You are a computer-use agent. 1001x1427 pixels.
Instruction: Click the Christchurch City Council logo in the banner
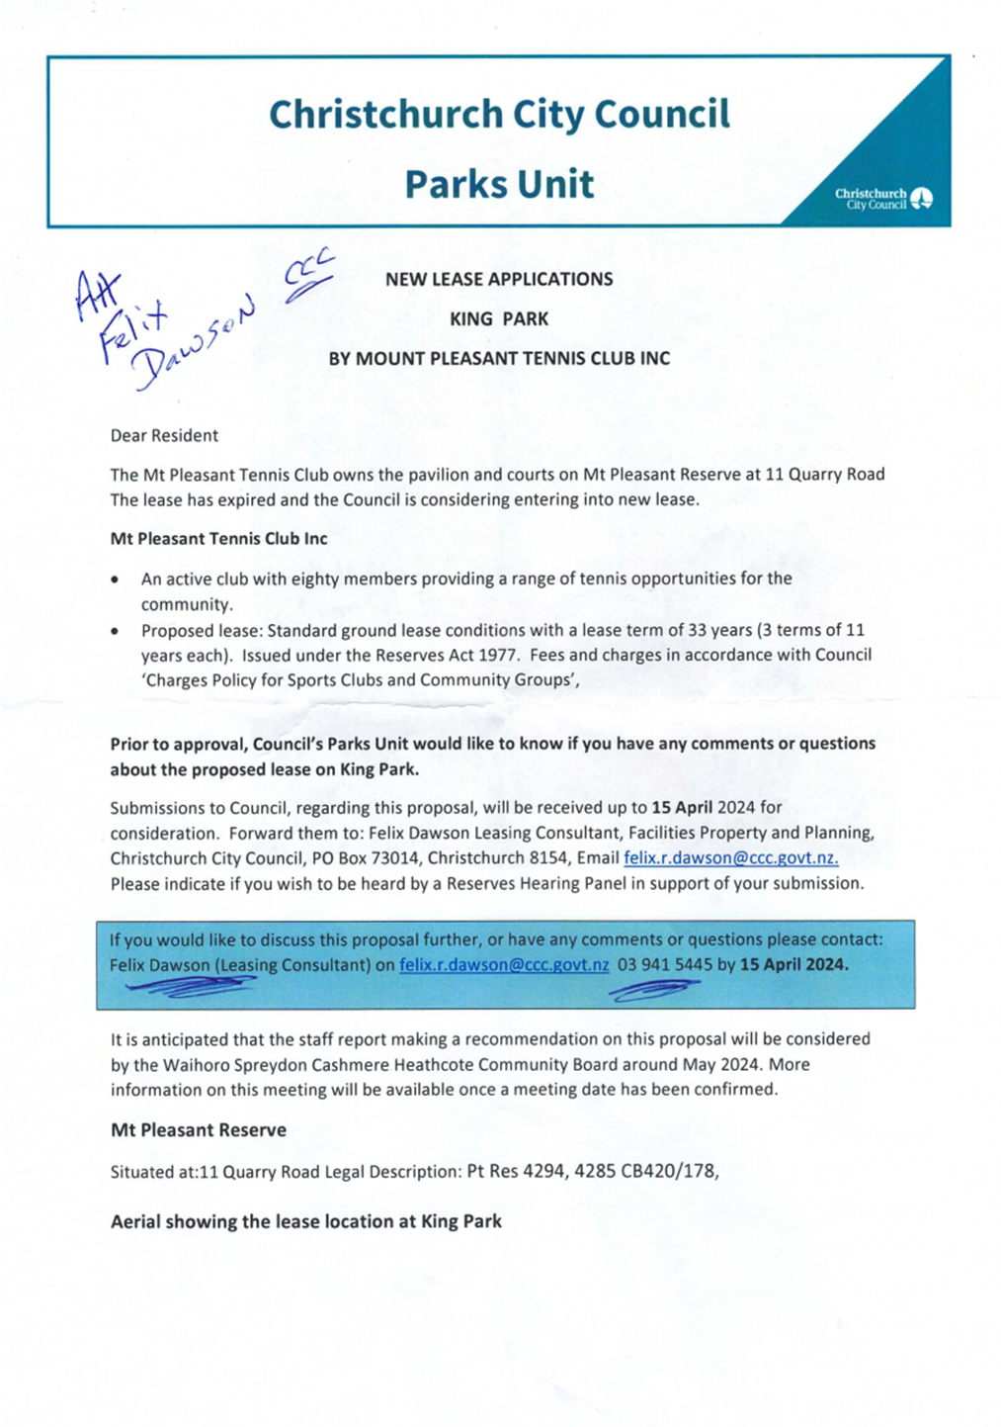(x=883, y=199)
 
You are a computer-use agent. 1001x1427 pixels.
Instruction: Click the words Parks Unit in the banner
(x=499, y=185)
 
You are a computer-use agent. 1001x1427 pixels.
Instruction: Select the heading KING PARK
(x=498, y=319)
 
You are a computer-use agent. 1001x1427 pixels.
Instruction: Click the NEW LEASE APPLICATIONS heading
(x=498, y=280)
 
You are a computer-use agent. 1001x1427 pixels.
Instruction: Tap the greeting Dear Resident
(x=164, y=435)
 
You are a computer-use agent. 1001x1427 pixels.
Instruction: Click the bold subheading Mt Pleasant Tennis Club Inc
(x=218, y=539)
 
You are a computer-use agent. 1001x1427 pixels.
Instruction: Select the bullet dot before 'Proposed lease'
(x=117, y=631)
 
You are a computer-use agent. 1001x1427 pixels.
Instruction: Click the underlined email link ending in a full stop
(x=730, y=858)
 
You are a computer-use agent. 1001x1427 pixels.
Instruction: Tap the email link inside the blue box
(x=504, y=965)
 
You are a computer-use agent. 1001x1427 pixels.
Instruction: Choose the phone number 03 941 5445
(x=664, y=965)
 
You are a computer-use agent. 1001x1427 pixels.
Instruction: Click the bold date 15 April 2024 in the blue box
(x=793, y=965)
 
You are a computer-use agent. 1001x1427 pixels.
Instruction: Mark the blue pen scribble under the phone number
(x=654, y=989)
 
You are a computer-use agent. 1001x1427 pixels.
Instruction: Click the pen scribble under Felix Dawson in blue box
(x=193, y=985)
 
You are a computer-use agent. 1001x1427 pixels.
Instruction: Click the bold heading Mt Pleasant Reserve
(x=199, y=1130)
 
